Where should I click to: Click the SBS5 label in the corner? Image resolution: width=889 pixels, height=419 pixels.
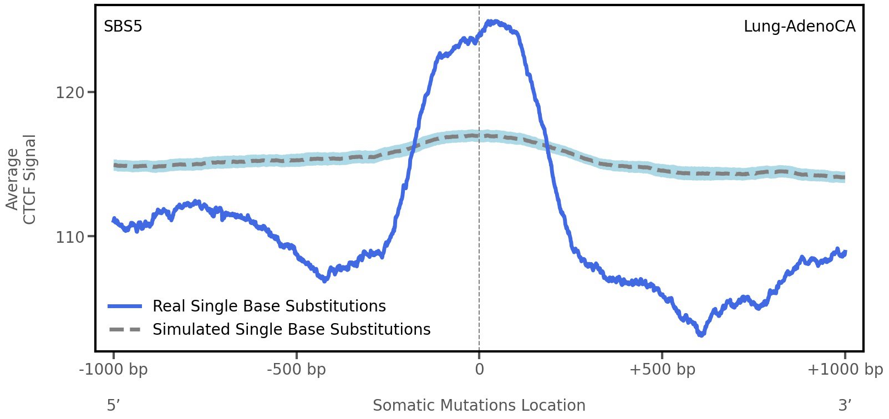click(x=123, y=27)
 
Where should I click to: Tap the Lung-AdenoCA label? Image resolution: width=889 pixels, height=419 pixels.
click(x=799, y=27)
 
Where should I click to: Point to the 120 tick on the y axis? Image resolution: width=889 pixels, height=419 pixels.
click(x=70, y=93)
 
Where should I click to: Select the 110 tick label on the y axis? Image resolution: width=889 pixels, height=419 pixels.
click(x=70, y=237)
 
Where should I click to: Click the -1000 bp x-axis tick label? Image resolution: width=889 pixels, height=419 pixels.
click(x=114, y=370)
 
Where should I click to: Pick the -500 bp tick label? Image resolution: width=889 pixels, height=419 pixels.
click(x=296, y=370)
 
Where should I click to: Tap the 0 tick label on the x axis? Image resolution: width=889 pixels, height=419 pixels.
click(x=479, y=370)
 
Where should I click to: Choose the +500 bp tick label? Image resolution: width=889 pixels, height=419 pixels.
click(x=662, y=370)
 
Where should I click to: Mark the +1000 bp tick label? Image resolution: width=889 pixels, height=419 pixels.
click(x=845, y=370)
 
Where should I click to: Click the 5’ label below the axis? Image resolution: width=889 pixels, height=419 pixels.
click(x=113, y=406)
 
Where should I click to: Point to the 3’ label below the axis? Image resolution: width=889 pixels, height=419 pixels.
click(x=845, y=406)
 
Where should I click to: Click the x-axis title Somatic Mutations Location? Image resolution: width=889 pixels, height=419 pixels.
click(x=479, y=406)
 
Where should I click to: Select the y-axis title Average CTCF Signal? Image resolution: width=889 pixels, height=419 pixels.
click(x=21, y=180)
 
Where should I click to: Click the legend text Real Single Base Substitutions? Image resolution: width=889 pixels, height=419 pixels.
click(x=269, y=306)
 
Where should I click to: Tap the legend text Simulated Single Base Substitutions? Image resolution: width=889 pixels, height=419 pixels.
click(x=291, y=330)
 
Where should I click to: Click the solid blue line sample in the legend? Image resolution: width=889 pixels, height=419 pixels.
click(x=125, y=306)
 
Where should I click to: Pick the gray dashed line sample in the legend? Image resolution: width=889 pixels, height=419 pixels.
click(x=125, y=330)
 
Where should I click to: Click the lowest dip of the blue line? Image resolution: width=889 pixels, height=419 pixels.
click(x=702, y=334)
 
